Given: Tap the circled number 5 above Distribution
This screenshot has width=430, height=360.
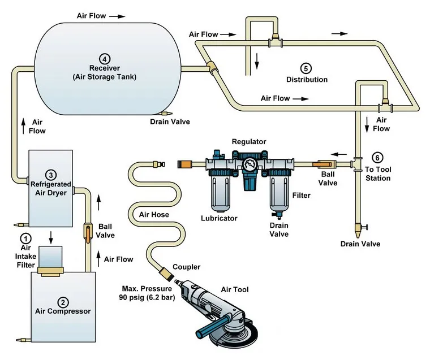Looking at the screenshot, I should point(306,68).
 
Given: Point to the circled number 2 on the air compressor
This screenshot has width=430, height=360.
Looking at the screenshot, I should point(63,301).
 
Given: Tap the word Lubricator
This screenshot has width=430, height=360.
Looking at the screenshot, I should point(219,218).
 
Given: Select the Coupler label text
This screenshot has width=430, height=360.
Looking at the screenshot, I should point(186,267).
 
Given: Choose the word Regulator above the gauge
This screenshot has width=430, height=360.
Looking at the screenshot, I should point(249,141).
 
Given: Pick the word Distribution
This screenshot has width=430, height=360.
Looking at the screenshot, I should point(307,80).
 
